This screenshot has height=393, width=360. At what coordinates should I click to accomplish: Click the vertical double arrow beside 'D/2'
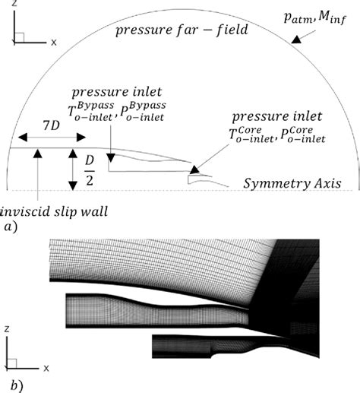pos(70,169)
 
